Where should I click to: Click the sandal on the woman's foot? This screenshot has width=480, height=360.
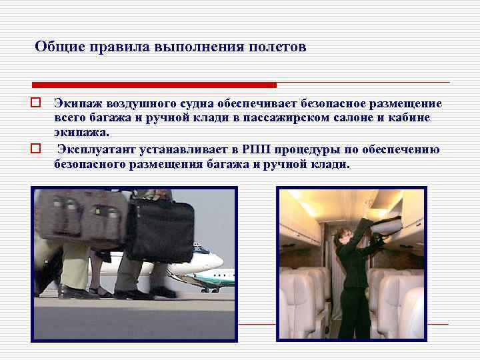click(x=101, y=291)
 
